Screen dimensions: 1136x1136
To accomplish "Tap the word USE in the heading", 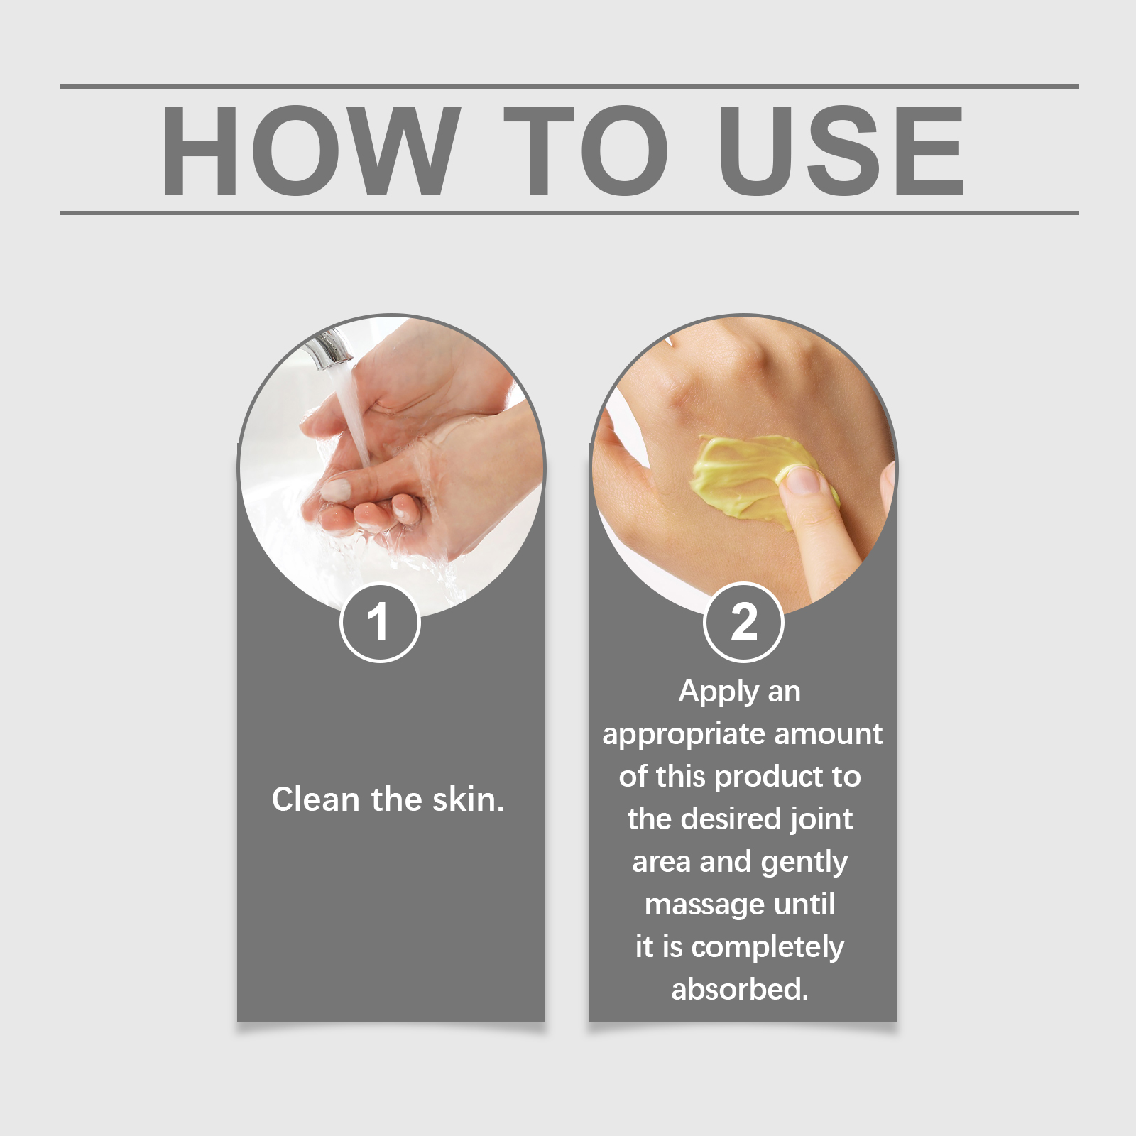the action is click(841, 150).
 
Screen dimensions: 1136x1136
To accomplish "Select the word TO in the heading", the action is click(586, 150).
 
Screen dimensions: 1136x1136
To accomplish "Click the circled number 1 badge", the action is click(380, 623).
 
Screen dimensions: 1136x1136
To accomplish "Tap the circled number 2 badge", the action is click(743, 623).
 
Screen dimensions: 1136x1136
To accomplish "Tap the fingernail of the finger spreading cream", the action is click(803, 481).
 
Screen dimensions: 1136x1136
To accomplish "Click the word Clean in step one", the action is click(316, 799).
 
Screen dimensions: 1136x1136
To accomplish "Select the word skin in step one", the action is click(464, 799).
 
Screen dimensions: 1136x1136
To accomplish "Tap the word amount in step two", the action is click(828, 734).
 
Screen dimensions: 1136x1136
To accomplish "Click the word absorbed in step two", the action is click(740, 989).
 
